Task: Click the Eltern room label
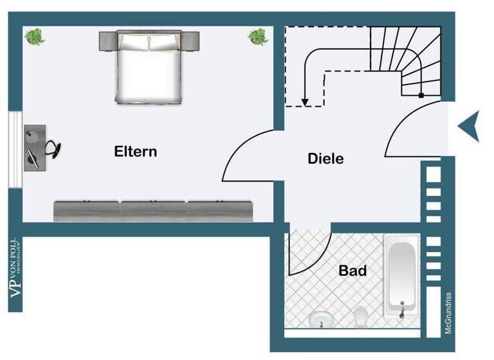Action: pos(135,152)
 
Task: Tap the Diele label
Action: pos(325,159)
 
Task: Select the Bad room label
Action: pos(352,271)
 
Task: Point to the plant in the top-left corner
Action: pos(35,36)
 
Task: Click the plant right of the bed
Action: pos(258,37)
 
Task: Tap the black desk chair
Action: pos(55,148)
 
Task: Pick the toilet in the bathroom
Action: pos(361,316)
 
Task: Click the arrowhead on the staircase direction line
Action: pos(305,101)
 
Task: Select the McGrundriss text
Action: pos(448,313)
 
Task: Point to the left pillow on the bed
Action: pos(133,42)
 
